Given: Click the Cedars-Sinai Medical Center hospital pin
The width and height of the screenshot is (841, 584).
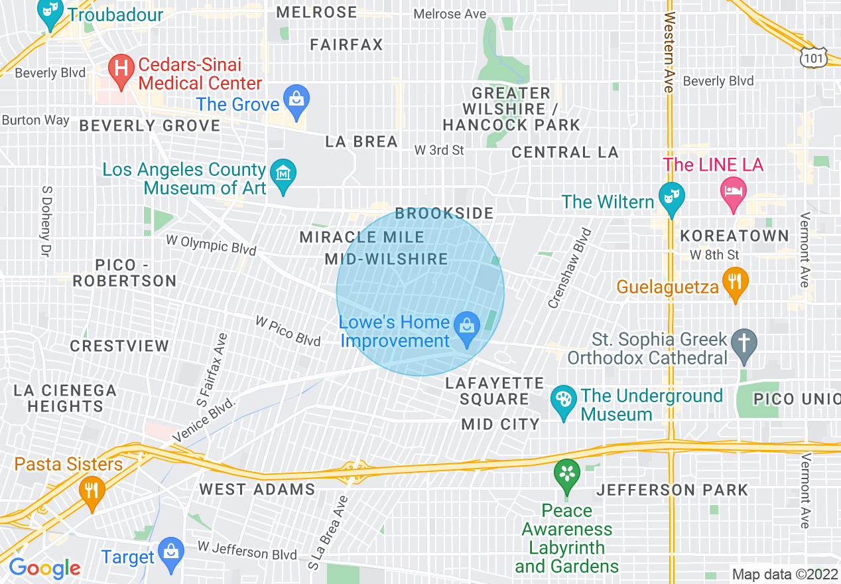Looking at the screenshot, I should [x=121, y=70].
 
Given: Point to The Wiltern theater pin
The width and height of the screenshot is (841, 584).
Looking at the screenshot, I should [x=671, y=198].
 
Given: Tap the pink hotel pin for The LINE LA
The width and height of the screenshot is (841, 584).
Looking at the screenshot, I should [x=733, y=192].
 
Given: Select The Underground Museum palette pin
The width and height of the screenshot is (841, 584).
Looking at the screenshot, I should [x=563, y=401].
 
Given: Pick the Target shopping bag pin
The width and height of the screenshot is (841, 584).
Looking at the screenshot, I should [x=172, y=553].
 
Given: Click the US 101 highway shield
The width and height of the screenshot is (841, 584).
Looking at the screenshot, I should [x=812, y=58].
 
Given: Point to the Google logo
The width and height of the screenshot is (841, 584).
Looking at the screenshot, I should [x=44, y=568].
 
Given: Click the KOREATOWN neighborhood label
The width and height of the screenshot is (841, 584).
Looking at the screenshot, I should [x=735, y=236].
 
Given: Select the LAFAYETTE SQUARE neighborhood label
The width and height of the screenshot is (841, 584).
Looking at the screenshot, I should [x=495, y=392].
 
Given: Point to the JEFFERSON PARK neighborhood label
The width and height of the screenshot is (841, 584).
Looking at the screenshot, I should [x=672, y=490].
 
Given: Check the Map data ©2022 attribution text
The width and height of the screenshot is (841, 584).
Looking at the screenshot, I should [x=784, y=573].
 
